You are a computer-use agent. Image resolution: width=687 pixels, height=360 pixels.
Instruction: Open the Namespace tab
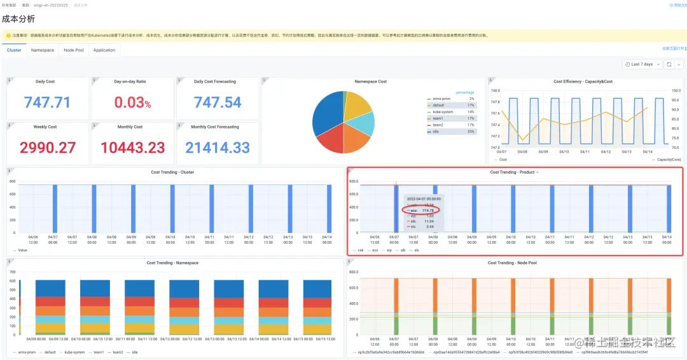coord(43,50)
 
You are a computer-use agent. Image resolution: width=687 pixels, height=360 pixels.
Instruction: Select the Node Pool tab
coord(74,50)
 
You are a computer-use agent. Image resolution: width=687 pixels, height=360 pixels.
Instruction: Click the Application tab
coord(104,50)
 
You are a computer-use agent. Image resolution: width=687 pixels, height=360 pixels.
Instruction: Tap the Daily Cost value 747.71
coord(48,102)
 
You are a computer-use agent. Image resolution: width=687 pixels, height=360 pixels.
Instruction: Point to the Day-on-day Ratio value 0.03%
coord(132,102)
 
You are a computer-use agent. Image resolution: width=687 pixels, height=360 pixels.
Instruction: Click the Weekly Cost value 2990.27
coord(48,148)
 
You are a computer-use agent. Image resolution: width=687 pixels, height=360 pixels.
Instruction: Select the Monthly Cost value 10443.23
coord(132,148)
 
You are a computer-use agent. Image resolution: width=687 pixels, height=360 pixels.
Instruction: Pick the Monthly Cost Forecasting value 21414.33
coord(218,148)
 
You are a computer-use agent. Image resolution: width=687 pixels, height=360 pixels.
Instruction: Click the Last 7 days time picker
coord(642,64)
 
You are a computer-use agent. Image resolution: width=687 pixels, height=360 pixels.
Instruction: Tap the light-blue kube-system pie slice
coord(361,123)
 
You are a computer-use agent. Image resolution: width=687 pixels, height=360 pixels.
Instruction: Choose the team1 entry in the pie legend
coord(438,118)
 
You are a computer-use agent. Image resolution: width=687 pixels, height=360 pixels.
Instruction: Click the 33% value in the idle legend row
coord(471,132)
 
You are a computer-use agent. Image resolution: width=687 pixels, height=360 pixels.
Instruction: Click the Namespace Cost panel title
coord(370,81)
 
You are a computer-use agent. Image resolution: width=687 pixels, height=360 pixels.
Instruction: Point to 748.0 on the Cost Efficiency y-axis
coord(495,90)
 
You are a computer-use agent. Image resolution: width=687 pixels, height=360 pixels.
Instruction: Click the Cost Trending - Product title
coord(512,172)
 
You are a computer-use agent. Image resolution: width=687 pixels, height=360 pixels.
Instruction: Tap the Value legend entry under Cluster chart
coord(22,250)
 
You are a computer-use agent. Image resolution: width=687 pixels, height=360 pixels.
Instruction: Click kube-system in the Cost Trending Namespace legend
coord(75,352)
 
